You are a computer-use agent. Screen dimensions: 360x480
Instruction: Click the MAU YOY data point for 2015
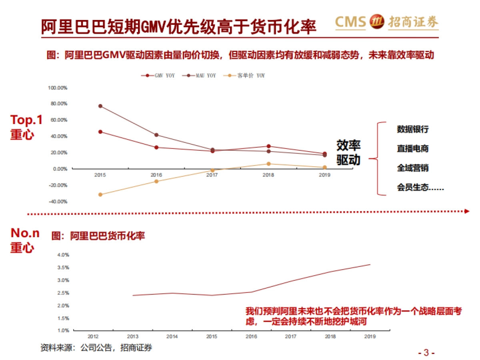point(100,106)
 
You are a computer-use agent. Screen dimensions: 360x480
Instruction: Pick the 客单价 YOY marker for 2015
point(100,195)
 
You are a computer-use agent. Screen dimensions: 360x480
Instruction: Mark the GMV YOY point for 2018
point(268,146)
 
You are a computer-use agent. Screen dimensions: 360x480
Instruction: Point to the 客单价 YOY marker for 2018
point(268,164)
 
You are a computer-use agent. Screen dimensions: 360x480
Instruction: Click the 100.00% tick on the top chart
point(58,88)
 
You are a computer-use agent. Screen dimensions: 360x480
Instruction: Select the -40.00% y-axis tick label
point(58,202)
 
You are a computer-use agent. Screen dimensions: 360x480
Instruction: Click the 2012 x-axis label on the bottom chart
point(94,337)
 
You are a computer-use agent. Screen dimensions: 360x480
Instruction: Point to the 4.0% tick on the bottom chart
point(64,255)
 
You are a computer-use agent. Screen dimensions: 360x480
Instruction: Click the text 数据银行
point(412,129)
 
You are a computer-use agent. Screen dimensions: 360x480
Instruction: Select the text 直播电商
point(412,148)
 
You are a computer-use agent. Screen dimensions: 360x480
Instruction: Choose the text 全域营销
point(412,168)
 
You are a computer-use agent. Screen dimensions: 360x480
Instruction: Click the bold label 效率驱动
point(348,152)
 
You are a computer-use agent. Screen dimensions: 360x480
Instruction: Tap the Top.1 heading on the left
point(26,120)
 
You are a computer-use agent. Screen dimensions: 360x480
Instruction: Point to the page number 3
point(426,353)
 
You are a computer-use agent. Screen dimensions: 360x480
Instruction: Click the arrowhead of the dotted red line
point(466,212)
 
